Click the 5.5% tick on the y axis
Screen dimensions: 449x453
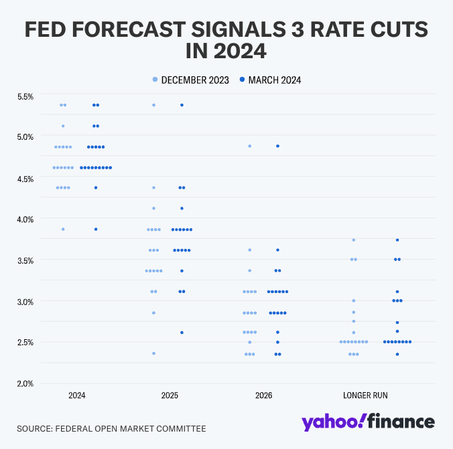point(25,96)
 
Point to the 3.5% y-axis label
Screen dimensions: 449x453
point(25,260)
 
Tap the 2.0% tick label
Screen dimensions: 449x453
point(25,383)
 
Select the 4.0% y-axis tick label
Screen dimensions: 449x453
point(25,219)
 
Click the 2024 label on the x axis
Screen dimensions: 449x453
point(77,395)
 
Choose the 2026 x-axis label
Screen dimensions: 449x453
point(264,395)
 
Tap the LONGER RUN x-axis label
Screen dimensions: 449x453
point(365,395)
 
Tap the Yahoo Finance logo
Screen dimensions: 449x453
point(368,422)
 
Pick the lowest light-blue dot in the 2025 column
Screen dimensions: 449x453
point(153,353)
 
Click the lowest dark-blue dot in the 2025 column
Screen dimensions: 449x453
point(182,333)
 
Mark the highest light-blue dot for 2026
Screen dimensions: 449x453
point(250,146)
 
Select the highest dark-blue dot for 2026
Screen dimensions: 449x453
point(277,146)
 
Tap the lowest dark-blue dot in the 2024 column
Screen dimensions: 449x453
point(96,229)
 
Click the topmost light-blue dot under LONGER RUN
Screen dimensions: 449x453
point(353,240)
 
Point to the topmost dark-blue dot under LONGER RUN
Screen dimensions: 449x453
point(397,240)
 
